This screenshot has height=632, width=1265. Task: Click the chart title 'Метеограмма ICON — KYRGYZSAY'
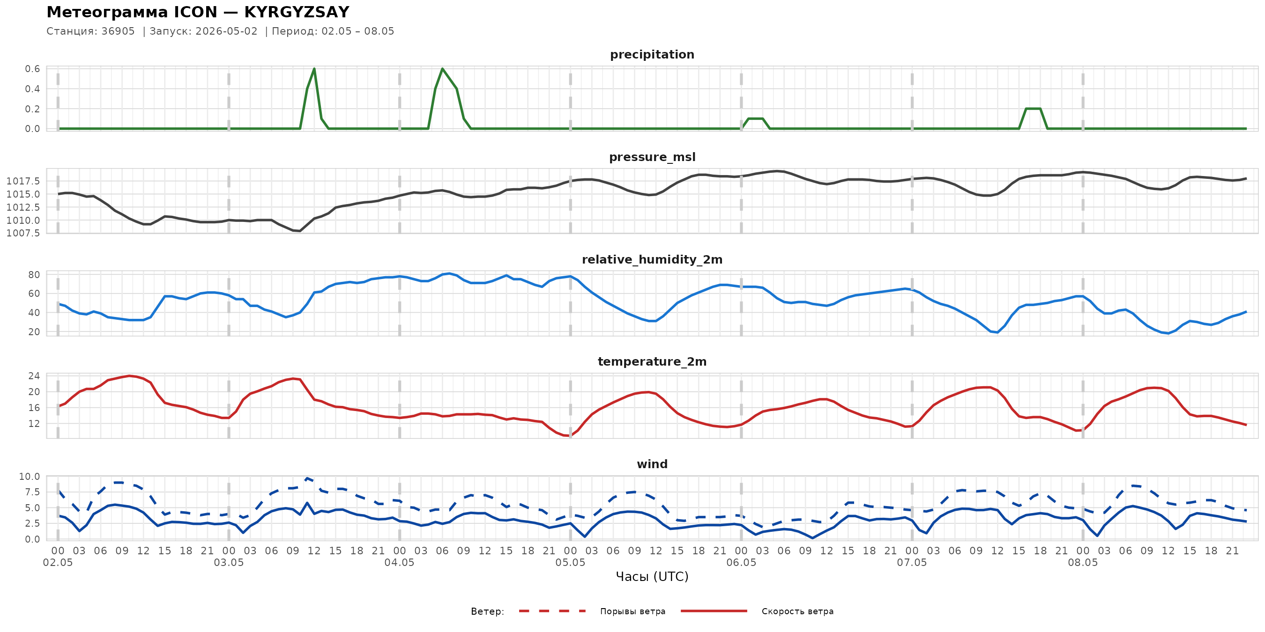(x=198, y=12)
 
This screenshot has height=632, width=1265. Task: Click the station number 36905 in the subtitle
(x=118, y=31)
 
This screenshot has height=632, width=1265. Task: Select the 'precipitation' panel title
(x=652, y=54)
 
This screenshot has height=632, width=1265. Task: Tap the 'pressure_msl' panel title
(x=652, y=157)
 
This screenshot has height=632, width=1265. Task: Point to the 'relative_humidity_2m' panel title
(x=652, y=259)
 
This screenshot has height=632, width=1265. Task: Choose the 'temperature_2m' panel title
(x=652, y=361)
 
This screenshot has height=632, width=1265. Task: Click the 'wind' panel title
(x=652, y=464)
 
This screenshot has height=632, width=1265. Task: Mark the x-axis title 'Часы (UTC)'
(x=652, y=577)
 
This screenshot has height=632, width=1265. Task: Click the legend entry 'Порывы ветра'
(x=632, y=611)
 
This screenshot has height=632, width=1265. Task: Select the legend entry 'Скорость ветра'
(x=797, y=611)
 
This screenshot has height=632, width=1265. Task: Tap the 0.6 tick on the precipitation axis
(x=33, y=69)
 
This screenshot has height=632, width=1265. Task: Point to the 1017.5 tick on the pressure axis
(x=23, y=181)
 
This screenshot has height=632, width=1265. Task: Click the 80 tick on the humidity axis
(x=34, y=275)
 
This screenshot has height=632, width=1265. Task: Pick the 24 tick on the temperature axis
(x=34, y=376)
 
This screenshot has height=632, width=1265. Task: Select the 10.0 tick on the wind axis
(x=30, y=477)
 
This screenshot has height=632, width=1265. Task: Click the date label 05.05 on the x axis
(x=570, y=563)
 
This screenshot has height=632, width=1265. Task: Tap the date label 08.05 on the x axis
(x=1083, y=563)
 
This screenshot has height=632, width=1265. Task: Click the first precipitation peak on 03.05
(x=314, y=69)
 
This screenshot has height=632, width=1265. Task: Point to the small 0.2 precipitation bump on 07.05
(x=1033, y=109)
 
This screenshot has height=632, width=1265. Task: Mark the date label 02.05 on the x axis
(x=58, y=563)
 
